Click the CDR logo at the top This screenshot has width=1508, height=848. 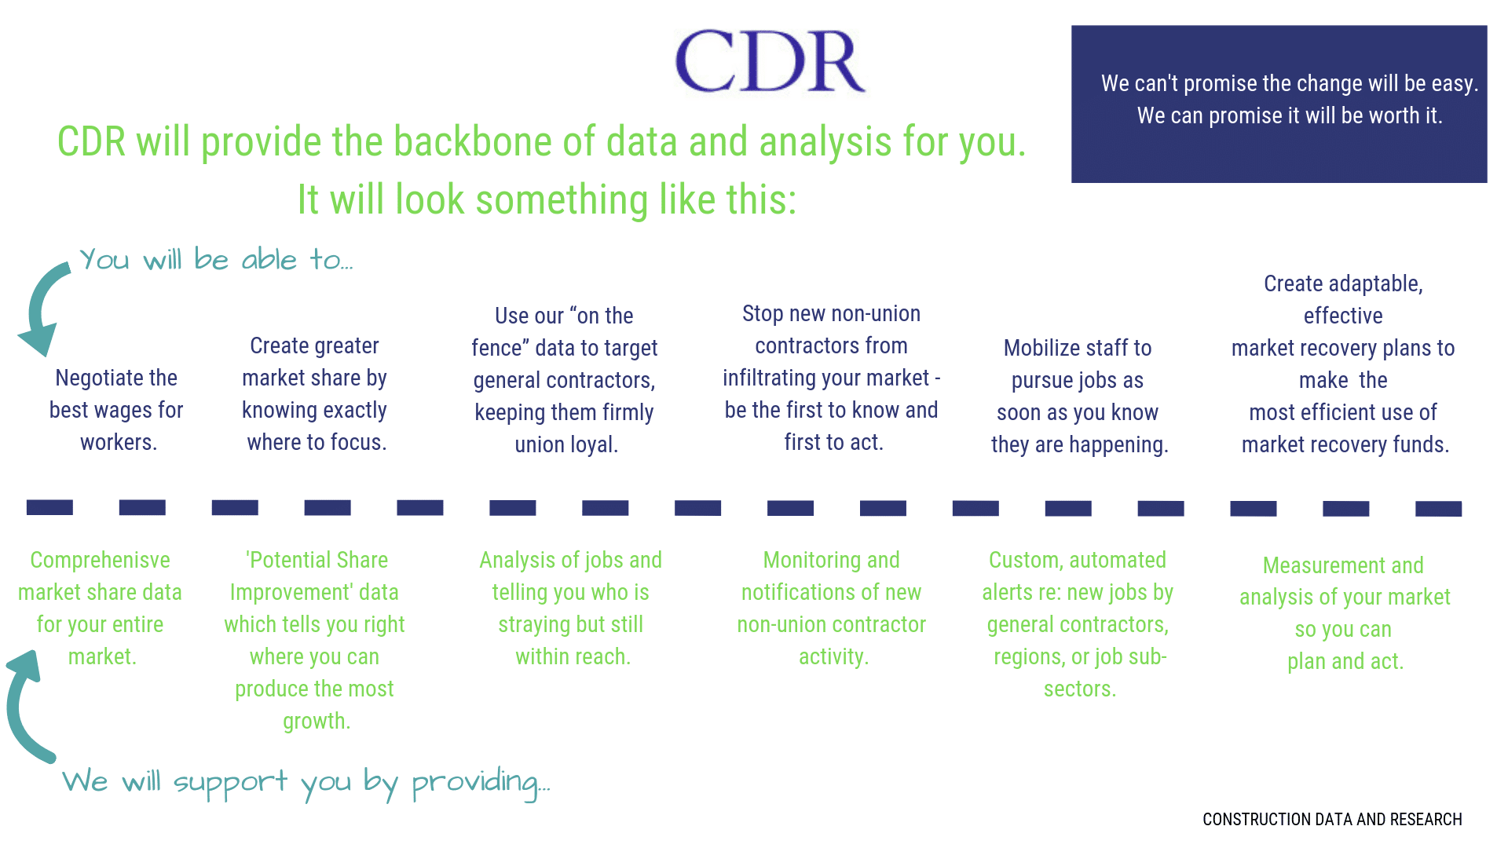[x=770, y=61]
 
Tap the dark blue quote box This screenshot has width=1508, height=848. [x=1279, y=104]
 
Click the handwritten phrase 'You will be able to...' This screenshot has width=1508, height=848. [x=216, y=259]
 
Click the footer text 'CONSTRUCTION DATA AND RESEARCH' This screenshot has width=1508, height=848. [x=1332, y=820]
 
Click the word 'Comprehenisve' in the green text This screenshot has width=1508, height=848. [x=101, y=560]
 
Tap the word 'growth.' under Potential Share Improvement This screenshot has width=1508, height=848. [x=317, y=722]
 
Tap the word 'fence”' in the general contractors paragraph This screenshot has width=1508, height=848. [x=497, y=348]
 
